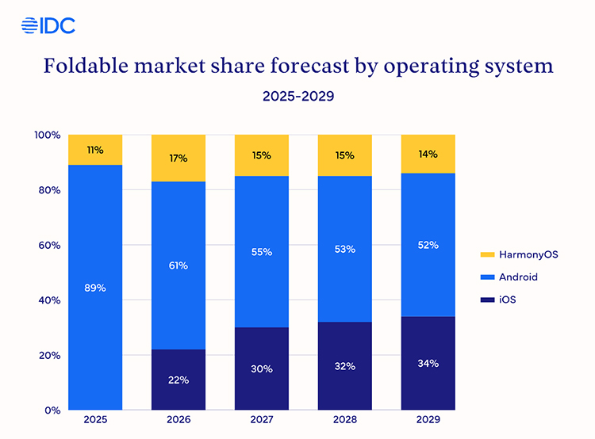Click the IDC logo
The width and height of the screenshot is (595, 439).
pos(48,25)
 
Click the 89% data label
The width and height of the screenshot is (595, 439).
pos(95,288)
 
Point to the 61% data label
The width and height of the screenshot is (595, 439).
pos(178,265)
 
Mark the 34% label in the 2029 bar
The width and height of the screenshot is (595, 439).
pos(428,364)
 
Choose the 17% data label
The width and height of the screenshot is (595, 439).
pos(178,158)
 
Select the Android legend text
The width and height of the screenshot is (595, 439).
pos(519,277)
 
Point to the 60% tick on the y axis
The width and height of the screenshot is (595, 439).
pos(48,246)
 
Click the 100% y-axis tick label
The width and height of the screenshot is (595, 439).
pos(47,136)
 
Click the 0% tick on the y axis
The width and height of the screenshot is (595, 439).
pos(52,410)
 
